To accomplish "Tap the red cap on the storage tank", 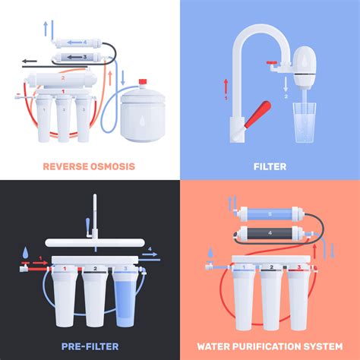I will tap(141, 80).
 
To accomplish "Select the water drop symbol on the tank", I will tap(144, 109).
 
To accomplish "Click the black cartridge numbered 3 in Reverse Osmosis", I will tap(74, 57).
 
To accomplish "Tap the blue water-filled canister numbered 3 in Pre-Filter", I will tap(125, 295).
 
